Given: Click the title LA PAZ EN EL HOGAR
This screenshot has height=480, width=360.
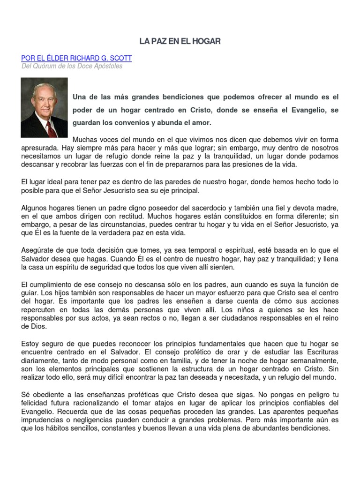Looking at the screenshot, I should tap(180, 42).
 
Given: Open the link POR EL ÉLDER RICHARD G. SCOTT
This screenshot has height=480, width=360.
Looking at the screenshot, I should tap(76, 58).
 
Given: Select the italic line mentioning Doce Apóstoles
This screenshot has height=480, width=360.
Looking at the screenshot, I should tap(72, 67).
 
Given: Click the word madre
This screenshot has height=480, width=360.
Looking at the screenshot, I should tap(327, 208).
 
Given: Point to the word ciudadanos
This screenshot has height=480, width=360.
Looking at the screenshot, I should tap(233, 318).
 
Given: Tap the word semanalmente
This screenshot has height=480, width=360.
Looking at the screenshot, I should tap(312, 361).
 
